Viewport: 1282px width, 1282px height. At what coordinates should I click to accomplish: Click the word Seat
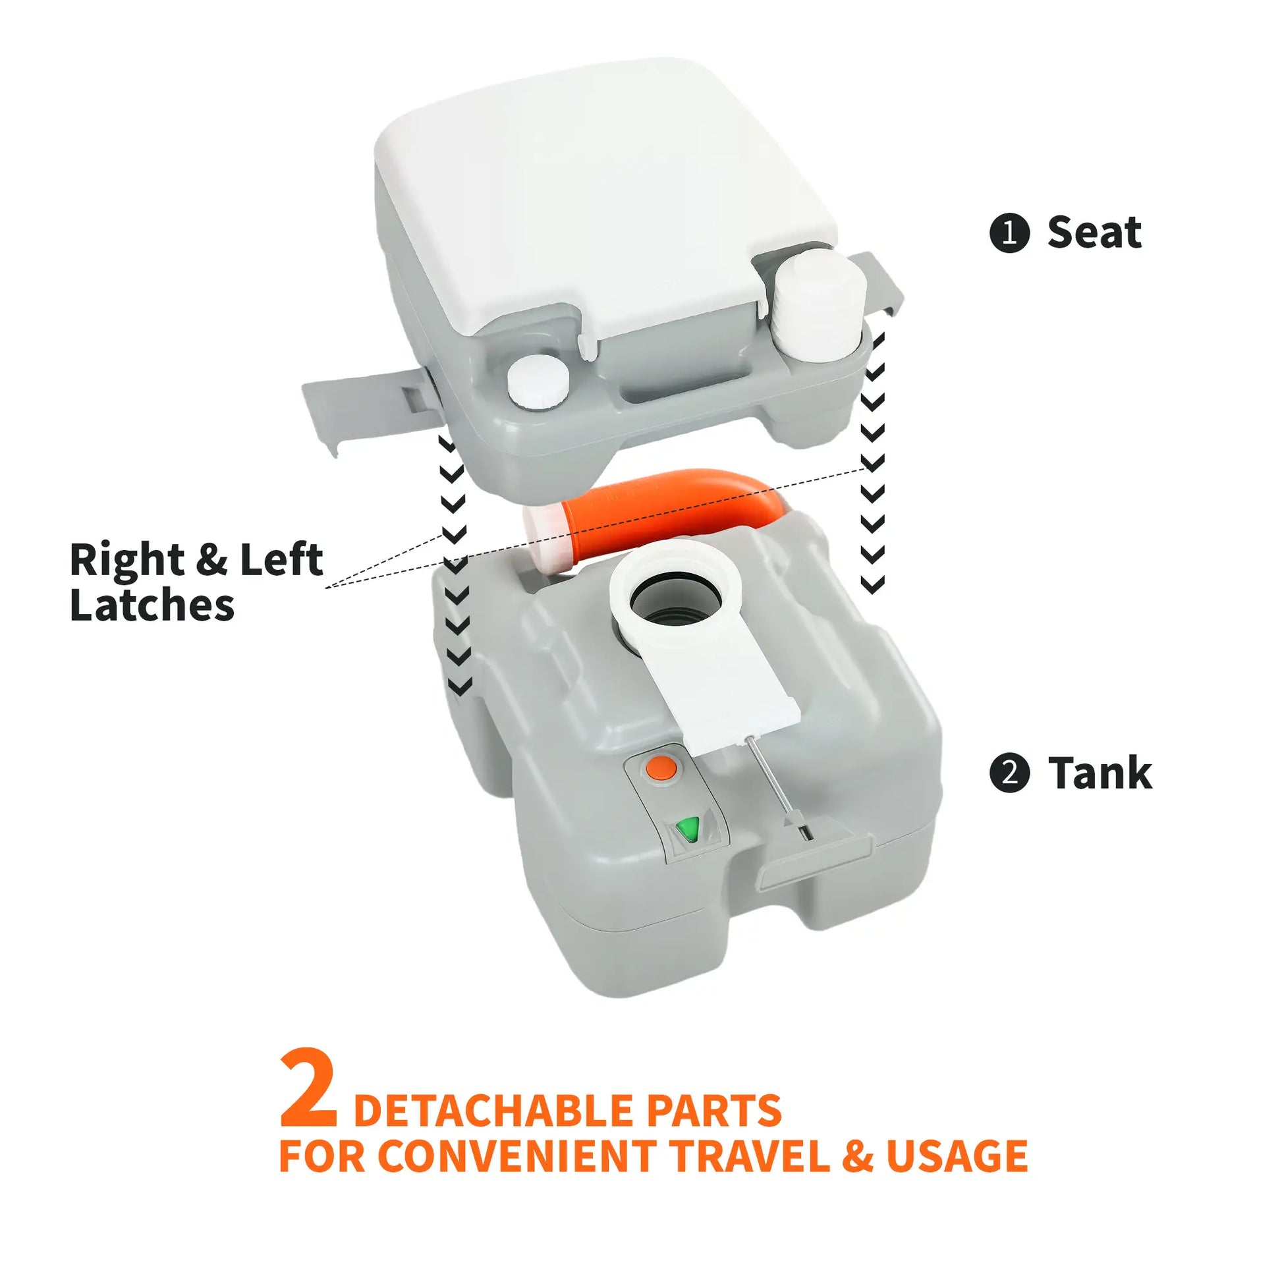pyautogui.click(x=1094, y=233)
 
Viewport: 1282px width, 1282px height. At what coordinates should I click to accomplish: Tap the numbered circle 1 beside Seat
pyautogui.click(x=1009, y=234)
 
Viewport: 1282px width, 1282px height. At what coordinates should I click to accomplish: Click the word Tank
pyautogui.click(x=1100, y=774)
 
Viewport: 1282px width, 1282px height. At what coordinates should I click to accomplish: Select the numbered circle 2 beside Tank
pyautogui.click(x=1009, y=774)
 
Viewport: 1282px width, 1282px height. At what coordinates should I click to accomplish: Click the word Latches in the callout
pyautogui.click(x=152, y=605)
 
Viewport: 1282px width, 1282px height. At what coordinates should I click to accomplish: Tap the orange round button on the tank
pyautogui.click(x=661, y=769)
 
